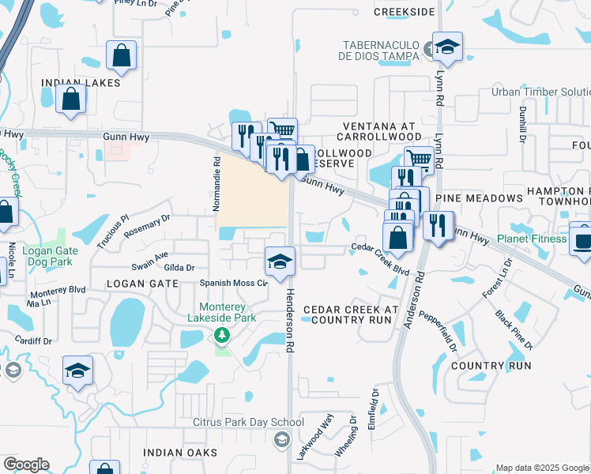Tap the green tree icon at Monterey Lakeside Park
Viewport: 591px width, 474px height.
tap(222, 337)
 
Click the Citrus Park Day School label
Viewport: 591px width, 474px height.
tap(249, 422)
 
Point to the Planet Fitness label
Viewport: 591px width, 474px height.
tap(533, 239)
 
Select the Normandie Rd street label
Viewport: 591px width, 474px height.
tap(216, 183)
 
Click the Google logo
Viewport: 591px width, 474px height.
tap(26, 465)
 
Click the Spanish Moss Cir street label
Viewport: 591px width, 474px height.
tap(234, 282)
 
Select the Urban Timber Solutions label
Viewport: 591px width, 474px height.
tap(540, 92)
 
